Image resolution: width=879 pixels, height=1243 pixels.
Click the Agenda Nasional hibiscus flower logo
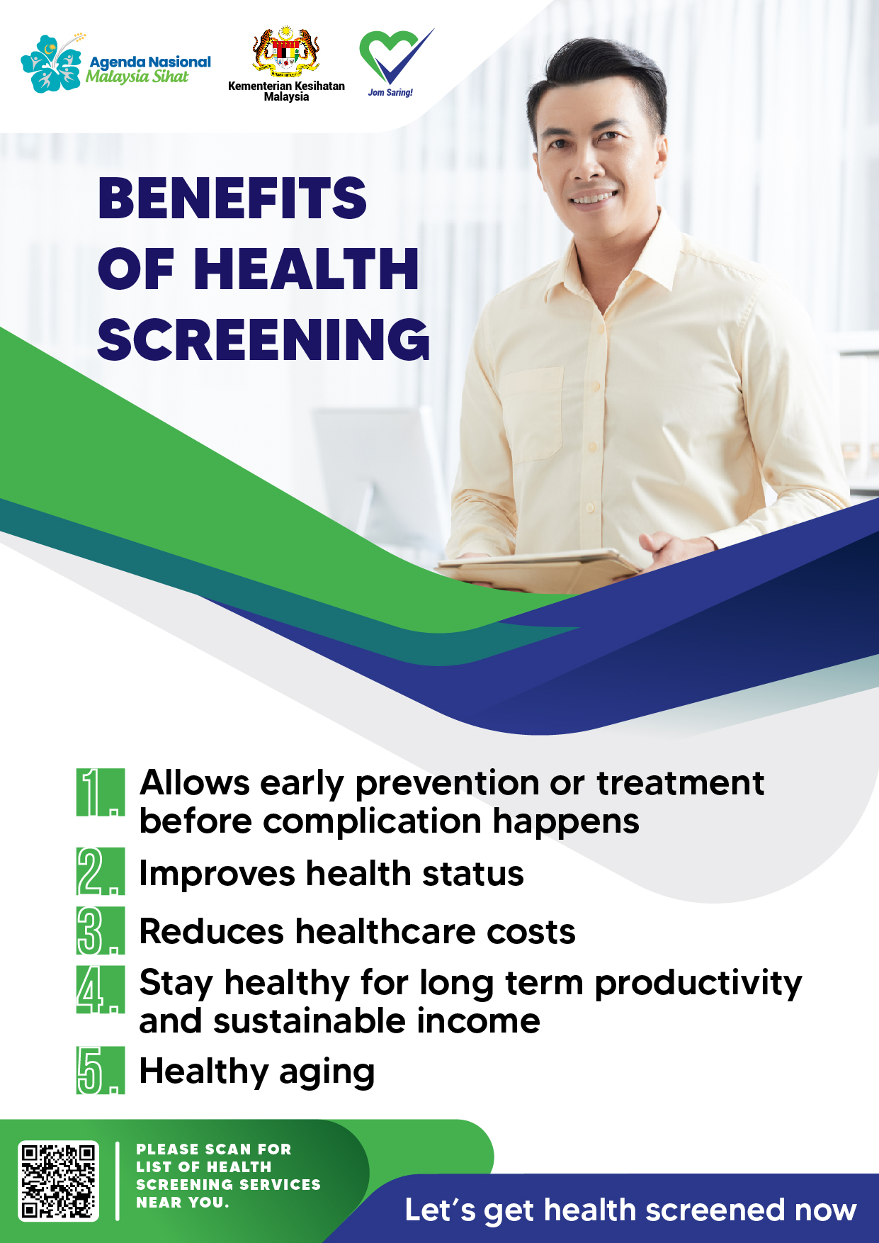pyautogui.click(x=51, y=63)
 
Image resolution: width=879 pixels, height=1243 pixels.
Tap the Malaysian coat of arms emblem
pyautogui.click(x=286, y=52)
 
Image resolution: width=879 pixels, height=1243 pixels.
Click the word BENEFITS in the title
pyautogui.click(x=232, y=198)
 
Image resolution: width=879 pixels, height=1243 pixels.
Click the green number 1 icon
pyautogui.click(x=101, y=792)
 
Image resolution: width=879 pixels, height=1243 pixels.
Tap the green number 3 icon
pyautogui.click(x=101, y=930)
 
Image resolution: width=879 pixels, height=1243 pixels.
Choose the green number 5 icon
pyautogui.click(x=101, y=1070)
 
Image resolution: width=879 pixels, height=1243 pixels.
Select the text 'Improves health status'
pyautogui.click(x=331, y=873)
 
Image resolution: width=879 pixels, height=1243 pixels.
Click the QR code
pyautogui.click(x=58, y=1181)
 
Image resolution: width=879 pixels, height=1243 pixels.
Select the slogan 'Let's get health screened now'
pyautogui.click(x=630, y=1210)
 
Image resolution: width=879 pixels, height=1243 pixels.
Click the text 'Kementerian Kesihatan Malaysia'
pyautogui.click(x=286, y=91)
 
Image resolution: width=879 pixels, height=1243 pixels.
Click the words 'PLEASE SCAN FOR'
pyautogui.click(x=214, y=1149)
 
